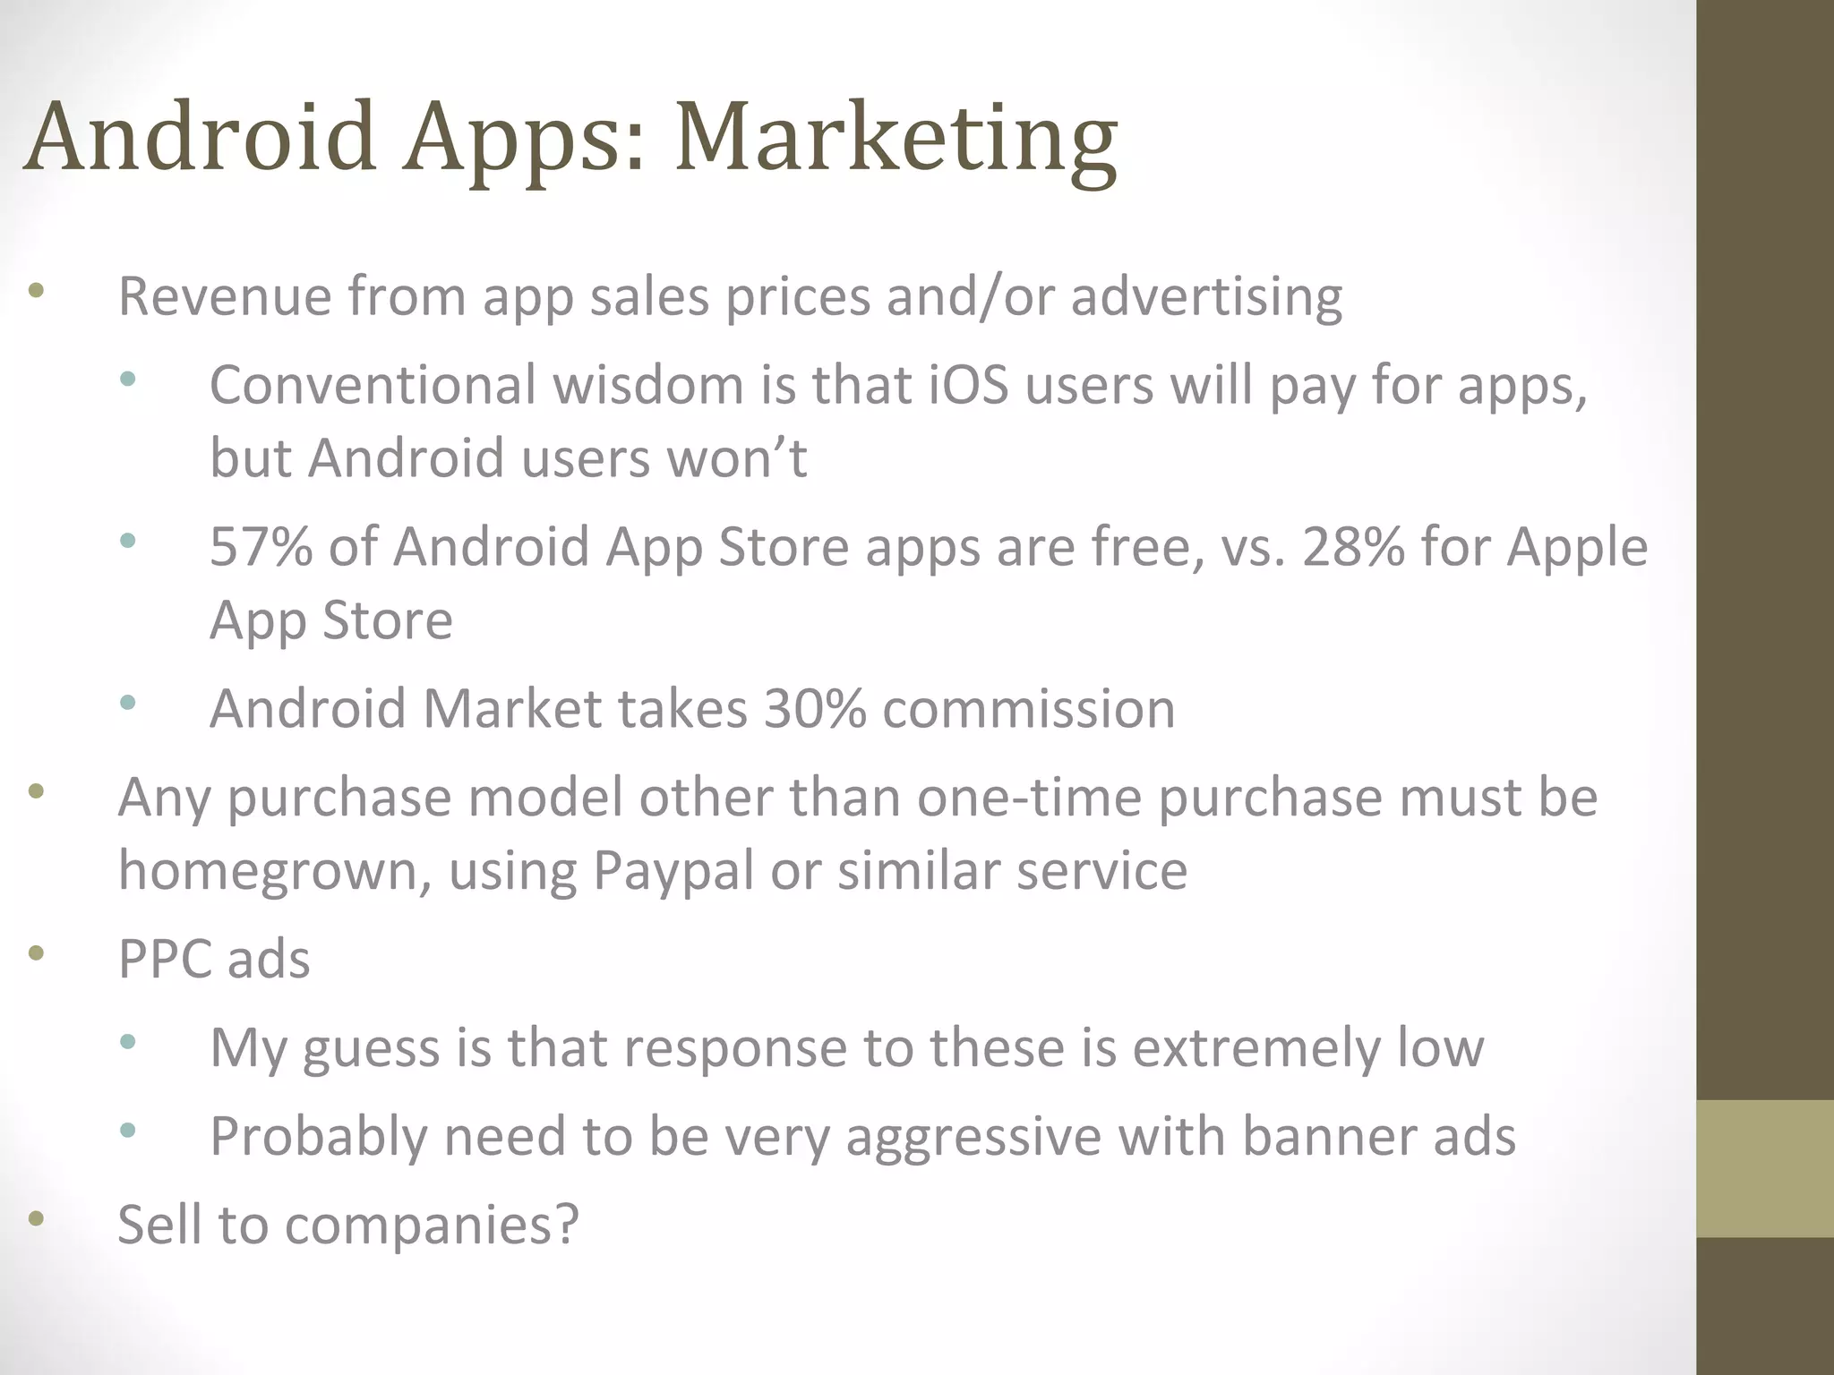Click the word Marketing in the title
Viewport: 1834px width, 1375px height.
point(896,139)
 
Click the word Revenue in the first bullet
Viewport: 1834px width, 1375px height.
point(225,296)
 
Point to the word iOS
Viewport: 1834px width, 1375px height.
point(968,386)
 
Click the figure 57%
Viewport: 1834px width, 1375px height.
point(261,547)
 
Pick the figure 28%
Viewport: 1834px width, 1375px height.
point(1353,547)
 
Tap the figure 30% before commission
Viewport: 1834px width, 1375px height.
point(815,709)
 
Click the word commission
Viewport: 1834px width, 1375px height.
point(1029,709)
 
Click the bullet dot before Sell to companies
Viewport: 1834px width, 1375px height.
point(36,1218)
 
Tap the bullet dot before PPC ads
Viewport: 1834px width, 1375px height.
point(36,953)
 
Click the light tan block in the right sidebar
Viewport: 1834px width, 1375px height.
point(1764,1168)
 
